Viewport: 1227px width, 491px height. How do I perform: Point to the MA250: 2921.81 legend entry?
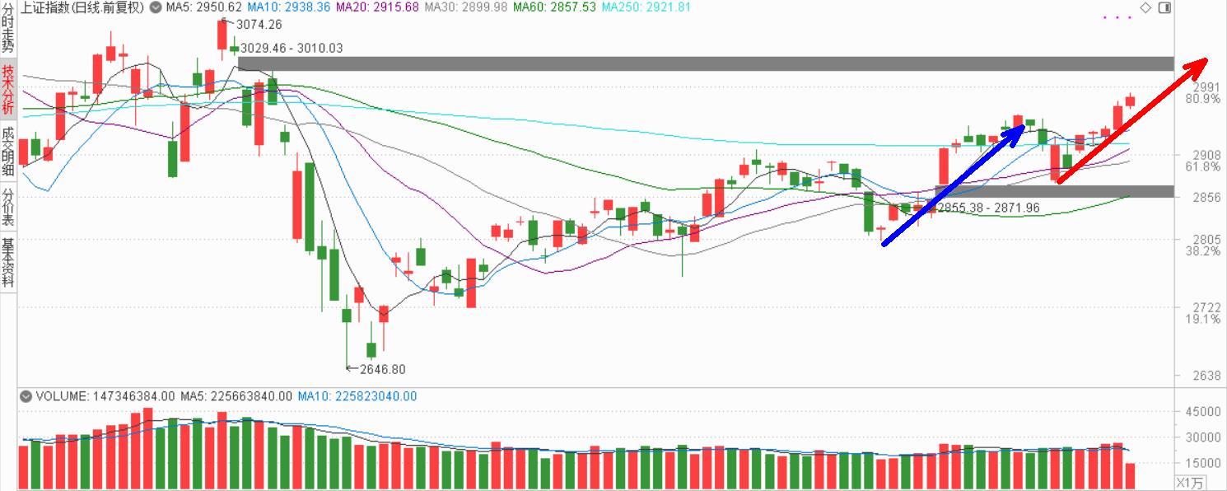click(646, 7)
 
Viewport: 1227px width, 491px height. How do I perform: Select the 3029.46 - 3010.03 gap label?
click(292, 48)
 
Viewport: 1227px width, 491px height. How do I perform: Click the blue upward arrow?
click(955, 185)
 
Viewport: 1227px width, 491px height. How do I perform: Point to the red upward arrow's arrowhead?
click(1201, 63)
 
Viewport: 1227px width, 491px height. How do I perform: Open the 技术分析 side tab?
click(7, 91)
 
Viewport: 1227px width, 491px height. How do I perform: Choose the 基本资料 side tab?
click(7, 263)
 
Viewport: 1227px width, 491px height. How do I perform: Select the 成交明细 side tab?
click(7, 152)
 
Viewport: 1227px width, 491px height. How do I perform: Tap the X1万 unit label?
click(1190, 482)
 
